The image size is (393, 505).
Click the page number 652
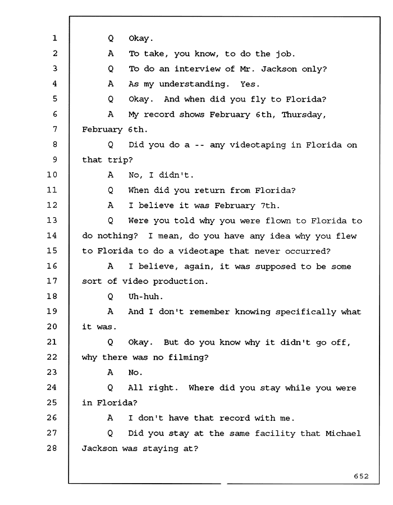(x=361, y=476)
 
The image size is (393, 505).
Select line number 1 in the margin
(x=55, y=38)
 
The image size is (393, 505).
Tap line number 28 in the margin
(x=52, y=448)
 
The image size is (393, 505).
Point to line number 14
(x=52, y=236)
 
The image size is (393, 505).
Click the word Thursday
(x=304, y=115)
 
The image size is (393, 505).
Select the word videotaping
(x=258, y=145)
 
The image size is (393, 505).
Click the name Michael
(x=343, y=433)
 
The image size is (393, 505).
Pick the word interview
(x=204, y=69)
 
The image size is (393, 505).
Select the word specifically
(x=306, y=312)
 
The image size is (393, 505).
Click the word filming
(x=189, y=357)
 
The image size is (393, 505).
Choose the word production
(x=180, y=282)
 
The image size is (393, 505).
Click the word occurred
(x=308, y=251)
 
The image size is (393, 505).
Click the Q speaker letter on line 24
(x=110, y=388)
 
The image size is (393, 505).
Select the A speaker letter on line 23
(x=110, y=373)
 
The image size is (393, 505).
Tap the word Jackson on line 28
(x=99, y=448)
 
